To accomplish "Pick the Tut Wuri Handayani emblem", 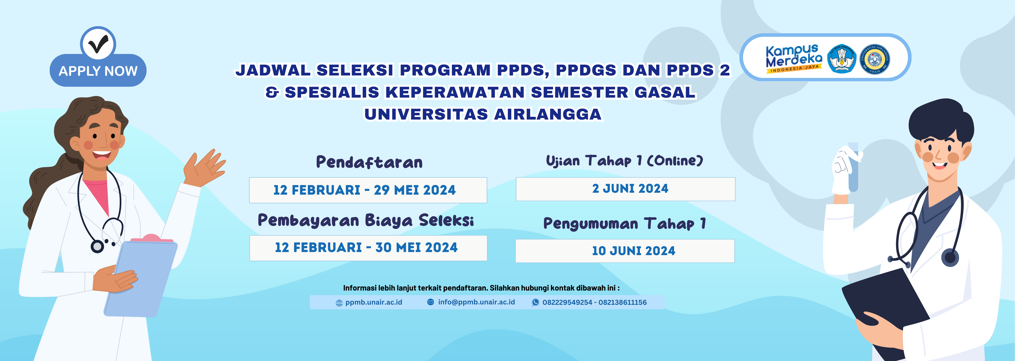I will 842,59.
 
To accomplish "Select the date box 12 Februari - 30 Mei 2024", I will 368,248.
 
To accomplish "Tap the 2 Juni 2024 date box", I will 625,189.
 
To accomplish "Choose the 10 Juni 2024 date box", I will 625,251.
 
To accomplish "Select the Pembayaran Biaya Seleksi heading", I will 366,220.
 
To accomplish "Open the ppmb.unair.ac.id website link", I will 373,302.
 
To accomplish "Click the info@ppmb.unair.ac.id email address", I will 476,302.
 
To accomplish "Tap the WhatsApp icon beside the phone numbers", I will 535,302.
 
